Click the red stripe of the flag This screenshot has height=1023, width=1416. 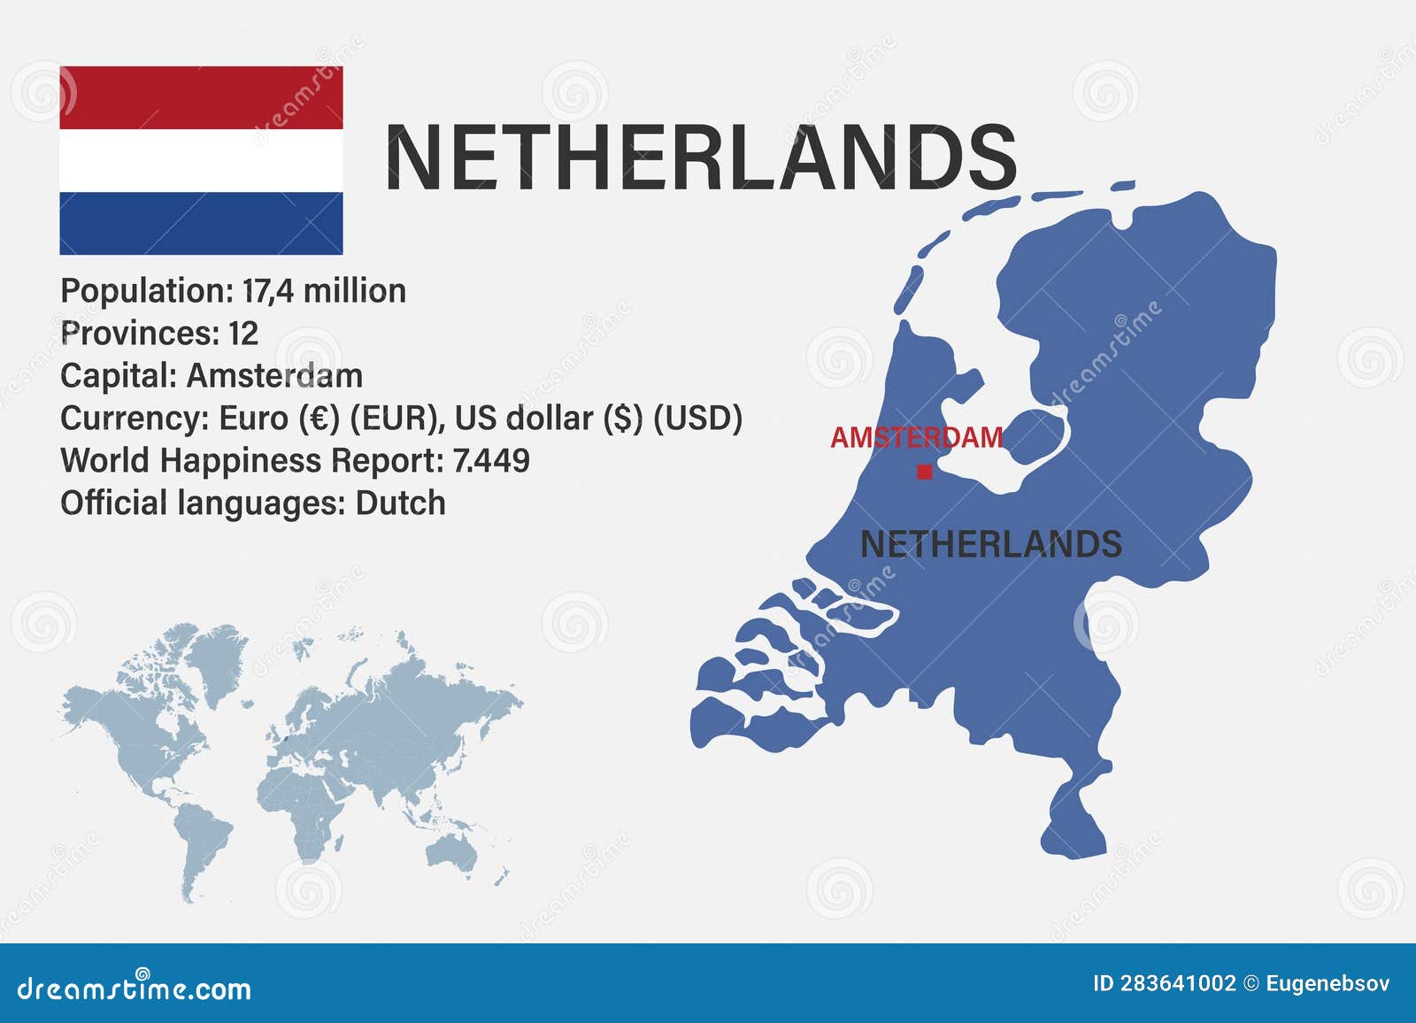(x=201, y=97)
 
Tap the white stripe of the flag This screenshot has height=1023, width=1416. (x=201, y=160)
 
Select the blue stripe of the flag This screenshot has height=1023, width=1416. (x=201, y=223)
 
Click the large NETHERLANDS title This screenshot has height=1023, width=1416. (x=700, y=158)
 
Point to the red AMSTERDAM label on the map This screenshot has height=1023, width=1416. (x=917, y=437)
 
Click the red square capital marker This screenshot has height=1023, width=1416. (x=925, y=472)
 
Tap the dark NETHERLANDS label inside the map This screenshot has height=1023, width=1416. (x=990, y=544)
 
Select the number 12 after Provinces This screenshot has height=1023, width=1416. (x=243, y=334)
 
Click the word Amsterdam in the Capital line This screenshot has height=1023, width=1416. (x=274, y=376)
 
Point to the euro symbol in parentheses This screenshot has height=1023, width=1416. (x=319, y=419)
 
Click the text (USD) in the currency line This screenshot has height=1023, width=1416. (x=697, y=419)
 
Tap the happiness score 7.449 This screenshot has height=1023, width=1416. (x=491, y=461)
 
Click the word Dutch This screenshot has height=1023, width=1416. (x=400, y=504)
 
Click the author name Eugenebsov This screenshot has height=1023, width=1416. (x=1327, y=983)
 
